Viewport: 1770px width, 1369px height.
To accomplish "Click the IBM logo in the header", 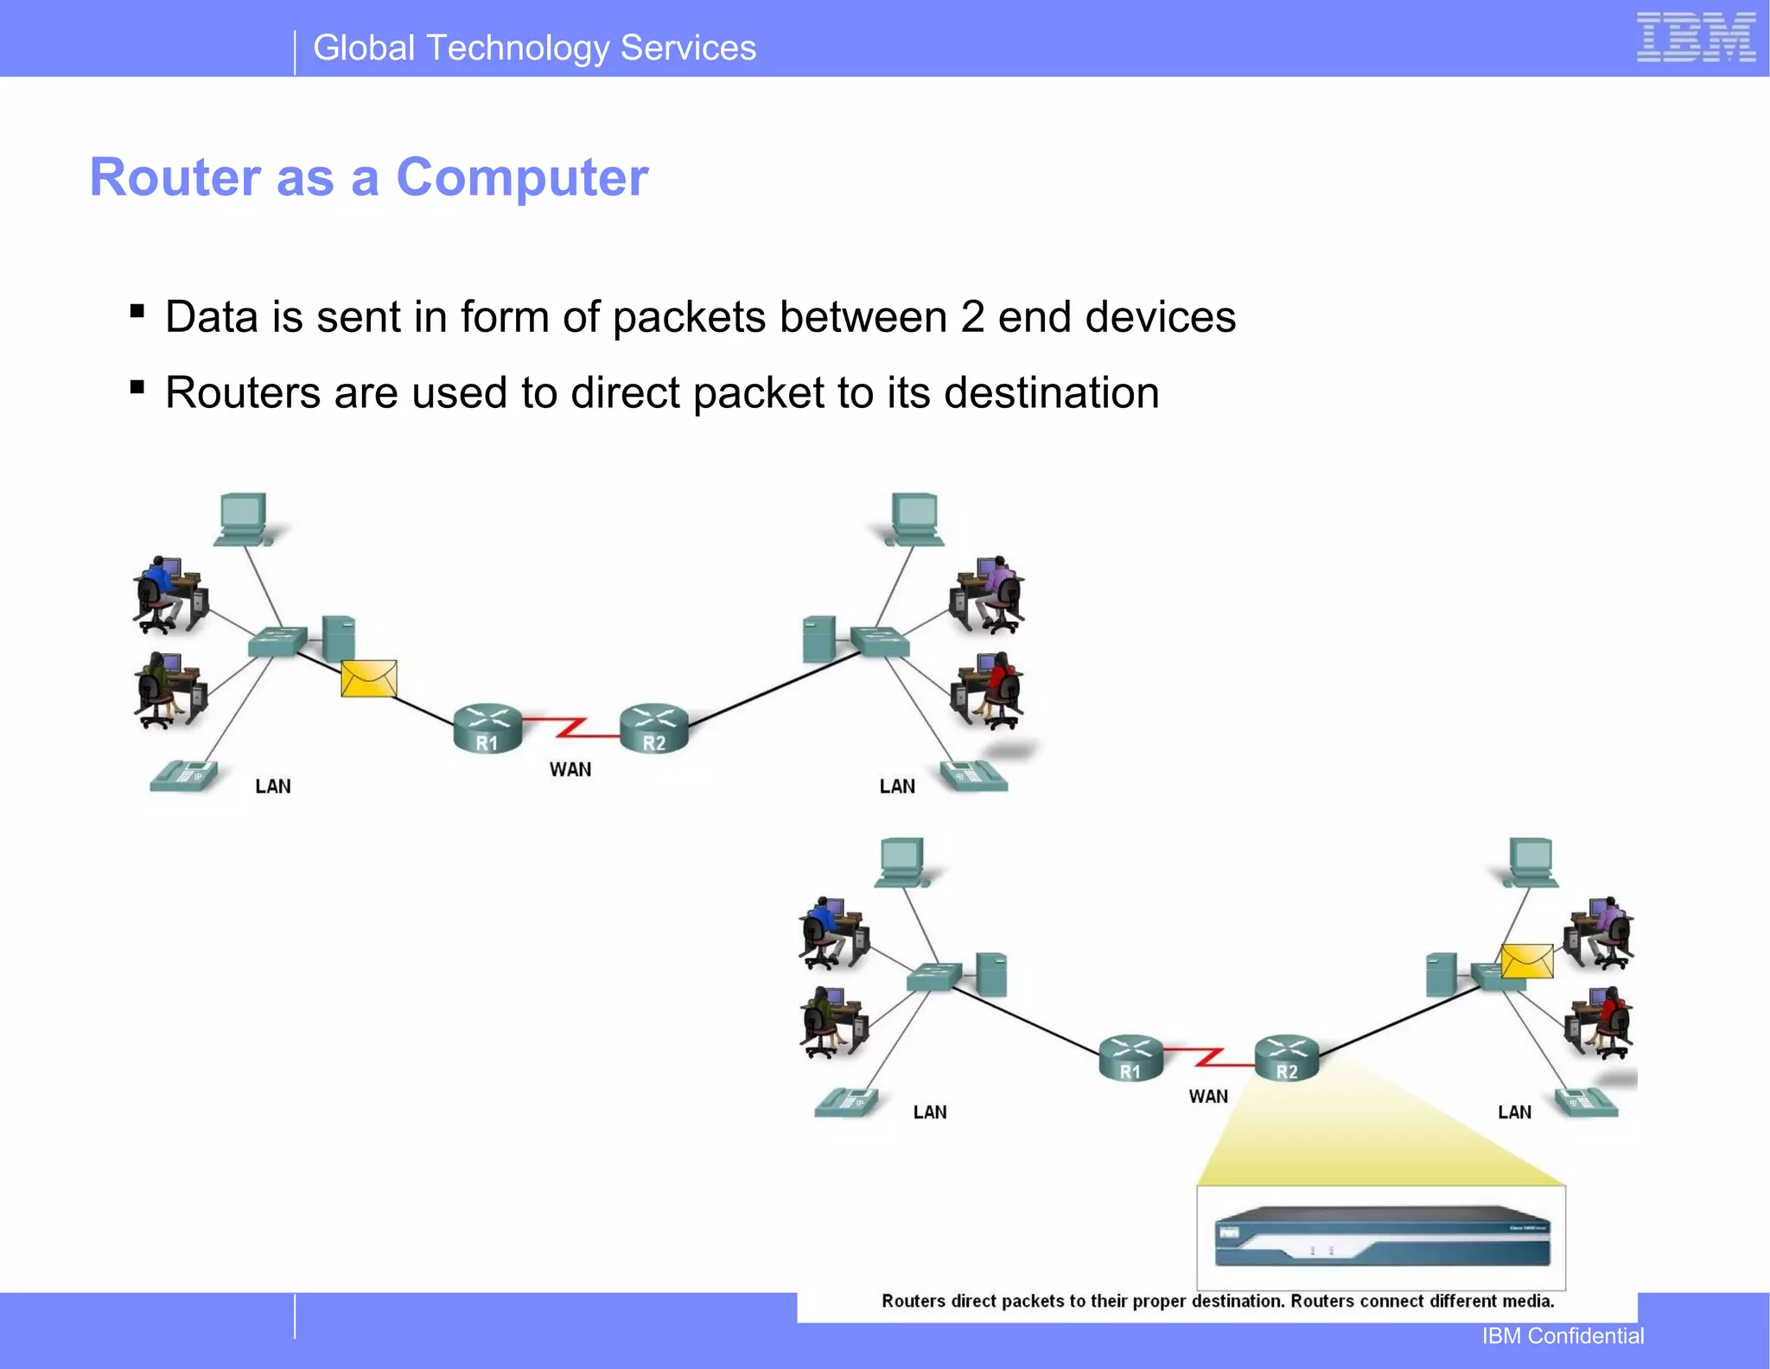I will (x=1696, y=38).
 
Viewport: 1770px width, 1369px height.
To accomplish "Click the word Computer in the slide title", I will (x=522, y=177).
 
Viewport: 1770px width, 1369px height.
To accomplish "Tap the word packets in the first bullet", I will (x=689, y=316).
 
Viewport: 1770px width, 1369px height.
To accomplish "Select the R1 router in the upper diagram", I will (x=487, y=728).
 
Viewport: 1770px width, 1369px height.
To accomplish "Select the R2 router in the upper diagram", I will (x=654, y=728).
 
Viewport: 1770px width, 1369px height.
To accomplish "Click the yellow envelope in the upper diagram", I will (x=369, y=678).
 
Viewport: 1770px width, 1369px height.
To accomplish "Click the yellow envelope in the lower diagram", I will (x=1526, y=961).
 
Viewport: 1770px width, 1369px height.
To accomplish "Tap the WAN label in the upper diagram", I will (x=570, y=769).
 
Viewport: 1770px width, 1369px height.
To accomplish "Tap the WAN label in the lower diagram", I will (x=1207, y=1096).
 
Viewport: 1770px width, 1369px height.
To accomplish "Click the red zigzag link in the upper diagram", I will (x=570, y=727).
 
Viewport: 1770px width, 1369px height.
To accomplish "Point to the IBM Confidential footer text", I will (x=1563, y=1336).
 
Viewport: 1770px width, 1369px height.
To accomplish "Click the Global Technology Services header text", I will (x=534, y=48).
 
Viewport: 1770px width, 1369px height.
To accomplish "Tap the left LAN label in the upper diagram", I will (x=273, y=786).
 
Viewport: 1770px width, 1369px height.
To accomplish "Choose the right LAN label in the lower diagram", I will (x=1514, y=1112).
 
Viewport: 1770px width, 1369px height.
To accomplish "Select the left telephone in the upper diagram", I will (x=182, y=775).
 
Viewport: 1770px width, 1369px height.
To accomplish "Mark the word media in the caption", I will (x=1529, y=1301).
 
